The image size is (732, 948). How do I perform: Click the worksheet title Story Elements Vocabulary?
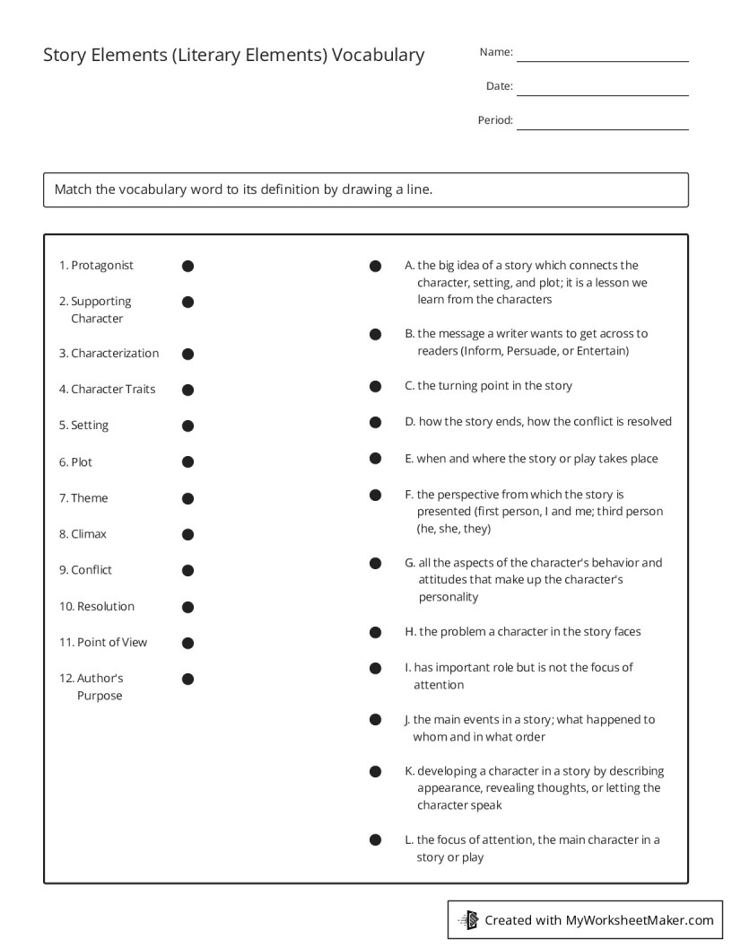tap(233, 55)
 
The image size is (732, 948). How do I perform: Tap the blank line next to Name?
tap(602, 59)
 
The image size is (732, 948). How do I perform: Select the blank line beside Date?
tap(602, 93)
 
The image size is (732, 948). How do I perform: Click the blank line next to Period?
tap(602, 128)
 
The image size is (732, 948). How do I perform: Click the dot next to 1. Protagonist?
tap(187, 266)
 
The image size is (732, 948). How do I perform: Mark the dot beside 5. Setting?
tap(187, 426)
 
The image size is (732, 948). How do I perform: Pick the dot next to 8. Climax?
tap(187, 534)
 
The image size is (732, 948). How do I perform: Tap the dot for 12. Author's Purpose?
tap(187, 679)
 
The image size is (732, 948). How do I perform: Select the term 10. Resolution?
tap(97, 607)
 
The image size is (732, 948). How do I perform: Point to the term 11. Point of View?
tap(103, 643)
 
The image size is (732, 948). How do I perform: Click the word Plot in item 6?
tap(82, 462)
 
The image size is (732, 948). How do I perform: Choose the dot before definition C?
tap(376, 386)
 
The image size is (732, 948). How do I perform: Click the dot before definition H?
tap(376, 632)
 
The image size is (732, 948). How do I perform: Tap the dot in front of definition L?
tap(376, 840)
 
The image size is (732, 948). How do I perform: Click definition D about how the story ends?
tap(537, 422)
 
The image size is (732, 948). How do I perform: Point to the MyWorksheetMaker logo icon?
tap(468, 919)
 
